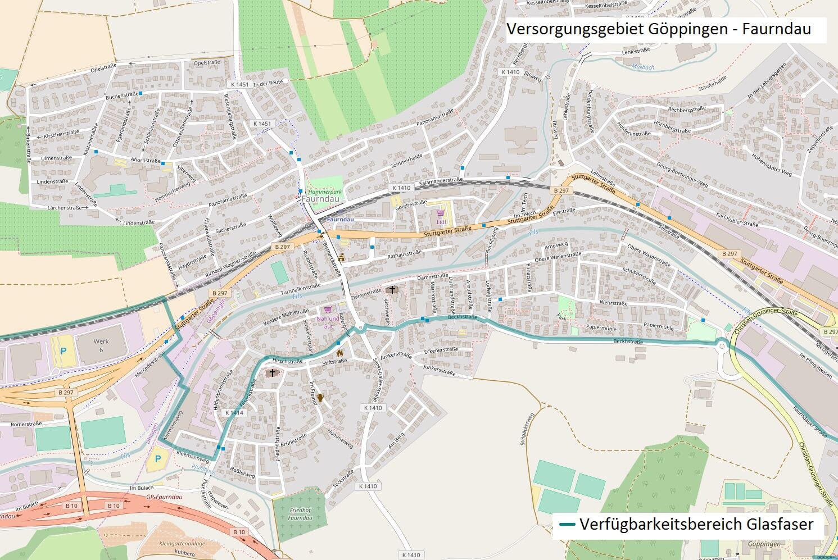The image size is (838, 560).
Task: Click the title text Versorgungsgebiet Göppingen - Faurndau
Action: coord(659,29)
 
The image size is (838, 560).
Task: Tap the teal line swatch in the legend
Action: coord(567,525)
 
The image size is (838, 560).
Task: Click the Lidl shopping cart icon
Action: coord(441,214)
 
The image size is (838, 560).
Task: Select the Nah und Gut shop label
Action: coord(328,322)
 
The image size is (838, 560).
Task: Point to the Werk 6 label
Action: coord(101,345)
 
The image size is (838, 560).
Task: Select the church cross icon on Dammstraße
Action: coord(392,290)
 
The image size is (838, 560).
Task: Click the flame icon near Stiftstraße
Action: coord(339,353)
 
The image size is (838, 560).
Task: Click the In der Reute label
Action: coord(268,83)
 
